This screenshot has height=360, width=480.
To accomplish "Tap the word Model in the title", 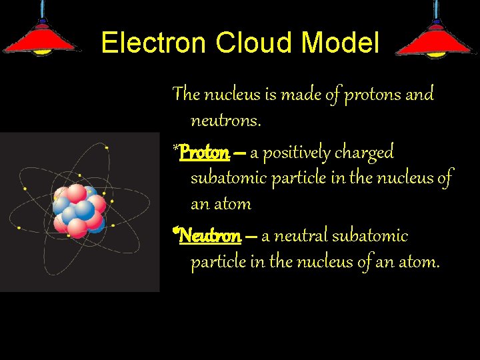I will pyautogui.click(x=341, y=44).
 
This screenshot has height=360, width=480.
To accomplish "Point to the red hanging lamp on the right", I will pyautogui.click(x=436, y=37).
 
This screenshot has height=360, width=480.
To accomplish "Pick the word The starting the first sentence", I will pyautogui.click(x=186, y=94).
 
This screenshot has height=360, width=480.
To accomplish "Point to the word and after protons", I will pyautogui.click(x=420, y=94).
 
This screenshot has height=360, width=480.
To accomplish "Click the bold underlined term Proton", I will pyautogui.click(x=204, y=153).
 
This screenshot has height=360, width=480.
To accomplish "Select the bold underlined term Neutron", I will pyautogui.click(x=210, y=235).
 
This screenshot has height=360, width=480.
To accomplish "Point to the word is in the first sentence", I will pyautogui.click(x=270, y=94).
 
